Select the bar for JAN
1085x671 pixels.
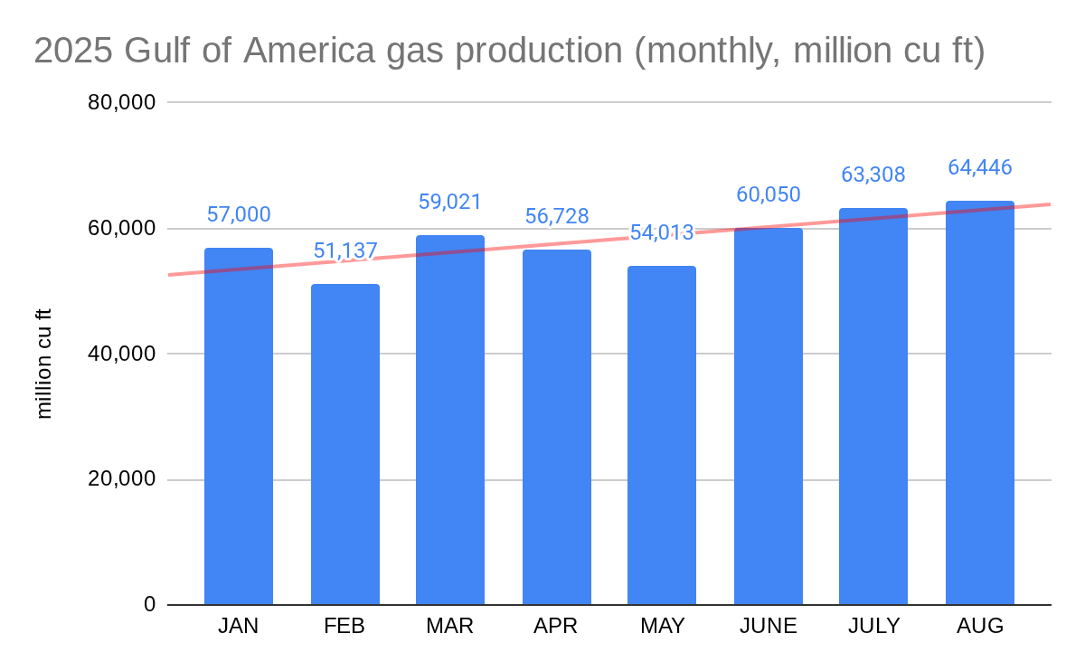pyautogui.click(x=239, y=426)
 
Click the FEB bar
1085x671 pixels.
pyautogui.click(x=345, y=444)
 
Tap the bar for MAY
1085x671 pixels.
pyautogui.click(x=662, y=435)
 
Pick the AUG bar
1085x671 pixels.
pyautogui.click(x=980, y=402)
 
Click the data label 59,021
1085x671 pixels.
pyautogui.click(x=450, y=202)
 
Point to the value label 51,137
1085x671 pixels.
pyautogui.click(x=345, y=250)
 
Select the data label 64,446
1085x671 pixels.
pyautogui.click(x=980, y=167)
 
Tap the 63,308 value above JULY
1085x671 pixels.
pyautogui.click(x=873, y=175)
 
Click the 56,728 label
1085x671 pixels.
pyautogui.click(x=557, y=216)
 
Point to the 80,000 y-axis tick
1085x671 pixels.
pyautogui.click(x=123, y=102)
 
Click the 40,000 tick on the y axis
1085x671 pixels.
pyautogui.click(x=123, y=354)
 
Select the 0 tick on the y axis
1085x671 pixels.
pyautogui.click(x=149, y=604)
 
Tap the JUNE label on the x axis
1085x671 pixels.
pyautogui.click(x=768, y=626)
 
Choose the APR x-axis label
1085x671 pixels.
pyautogui.click(x=556, y=626)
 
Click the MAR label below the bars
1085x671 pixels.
pyautogui.click(x=450, y=626)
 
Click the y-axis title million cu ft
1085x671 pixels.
pyautogui.click(x=44, y=364)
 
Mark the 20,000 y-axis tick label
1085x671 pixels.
pyautogui.click(x=123, y=479)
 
